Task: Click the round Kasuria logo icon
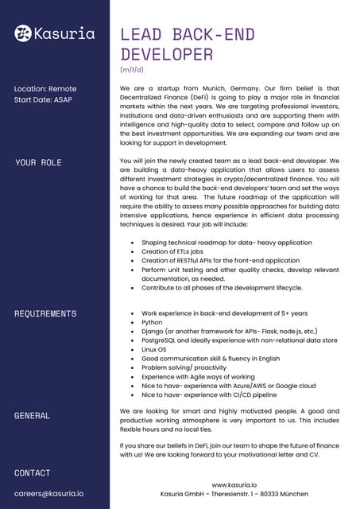click(23, 33)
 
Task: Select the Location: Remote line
click(45, 89)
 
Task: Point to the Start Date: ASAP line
click(43, 101)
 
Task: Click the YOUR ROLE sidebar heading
click(38, 163)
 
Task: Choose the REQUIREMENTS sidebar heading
click(45, 314)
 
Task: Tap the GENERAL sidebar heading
click(33, 415)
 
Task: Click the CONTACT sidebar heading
click(33, 473)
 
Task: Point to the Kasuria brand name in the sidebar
click(64, 33)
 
